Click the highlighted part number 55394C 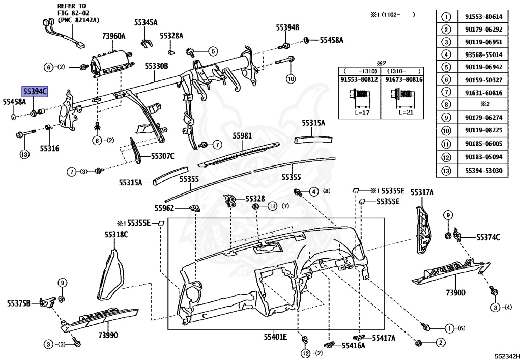pyautogui.click(x=35, y=91)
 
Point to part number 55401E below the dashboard pyautogui.click(x=275, y=337)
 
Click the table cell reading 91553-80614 pyautogui.click(x=483, y=16)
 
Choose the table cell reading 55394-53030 pyautogui.click(x=483, y=169)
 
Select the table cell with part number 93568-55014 pyautogui.click(x=483, y=54)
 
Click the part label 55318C pyautogui.click(x=117, y=234)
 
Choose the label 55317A pyautogui.click(x=422, y=192)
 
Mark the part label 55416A pyautogui.click(x=353, y=345)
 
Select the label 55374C pyautogui.click(x=488, y=237)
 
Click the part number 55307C pyautogui.click(x=162, y=156)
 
